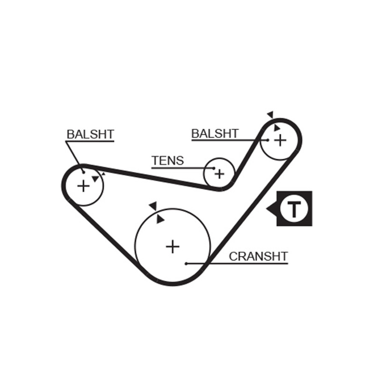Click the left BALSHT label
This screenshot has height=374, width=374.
pos(90,134)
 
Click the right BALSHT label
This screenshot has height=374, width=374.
pos(215,133)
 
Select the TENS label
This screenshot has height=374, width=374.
pos(168,160)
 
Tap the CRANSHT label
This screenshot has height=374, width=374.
pos(259,256)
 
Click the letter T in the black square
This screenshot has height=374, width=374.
pos(294,209)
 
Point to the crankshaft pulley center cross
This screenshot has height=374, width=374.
pos(173,247)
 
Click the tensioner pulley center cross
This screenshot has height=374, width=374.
pos(219,174)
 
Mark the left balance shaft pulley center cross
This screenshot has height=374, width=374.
pos(83,186)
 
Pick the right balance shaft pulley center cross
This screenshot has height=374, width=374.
pos(280,140)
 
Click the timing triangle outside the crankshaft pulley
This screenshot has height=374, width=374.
pos(153,206)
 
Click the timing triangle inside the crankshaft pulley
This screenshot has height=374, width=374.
pos(160,219)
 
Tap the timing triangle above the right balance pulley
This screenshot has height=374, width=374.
pos(271,115)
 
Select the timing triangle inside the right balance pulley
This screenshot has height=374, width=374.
pos(276,128)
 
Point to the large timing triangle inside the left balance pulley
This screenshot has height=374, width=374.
pos(95,179)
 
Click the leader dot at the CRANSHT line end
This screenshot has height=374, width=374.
pos(186,264)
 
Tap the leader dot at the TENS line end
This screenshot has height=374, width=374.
pos(214,168)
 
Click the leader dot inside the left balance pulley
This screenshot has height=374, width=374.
pos(84,172)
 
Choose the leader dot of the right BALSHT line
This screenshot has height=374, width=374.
pos(268,140)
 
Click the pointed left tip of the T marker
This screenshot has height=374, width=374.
pos(266,209)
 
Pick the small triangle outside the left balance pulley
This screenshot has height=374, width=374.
pos(103,174)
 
